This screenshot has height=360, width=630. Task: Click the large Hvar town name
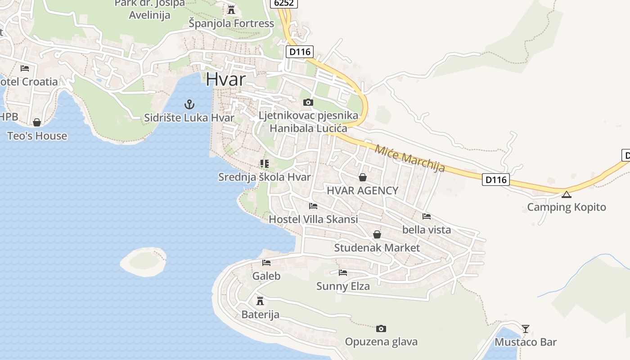pyautogui.click(x=226, y=79)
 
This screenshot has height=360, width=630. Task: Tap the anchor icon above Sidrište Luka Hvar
pyautogui.click(x=189, y=105)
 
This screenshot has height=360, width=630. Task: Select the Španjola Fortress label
pyautogui.click(x=231, y=23)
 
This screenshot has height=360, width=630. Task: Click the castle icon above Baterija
pyautogui.click(x=260, y=301)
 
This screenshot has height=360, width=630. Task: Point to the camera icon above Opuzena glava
pyautogui.click(x=381, y=328)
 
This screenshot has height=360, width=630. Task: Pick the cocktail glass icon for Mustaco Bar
pyautogui.click(x=526, y=328)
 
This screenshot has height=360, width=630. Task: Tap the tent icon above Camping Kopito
pyautogui.click(x=566, y=194)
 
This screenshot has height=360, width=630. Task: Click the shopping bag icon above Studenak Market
pyautogui.click(x=377, y=234)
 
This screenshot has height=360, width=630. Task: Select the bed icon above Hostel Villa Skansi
pyautogui.click(x=313, y=206)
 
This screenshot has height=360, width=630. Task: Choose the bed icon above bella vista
pyautogui.click(x=427, y=216)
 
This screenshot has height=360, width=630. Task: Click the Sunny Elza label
pyautogui.click(x=343, y=286)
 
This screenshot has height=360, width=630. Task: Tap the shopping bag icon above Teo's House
pyautogui.click(x=37, y=122)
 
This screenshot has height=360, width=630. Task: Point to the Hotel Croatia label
pyautogui.click(x=30, y=82)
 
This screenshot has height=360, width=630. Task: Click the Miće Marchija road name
pyautogui.click(x=409, y=158)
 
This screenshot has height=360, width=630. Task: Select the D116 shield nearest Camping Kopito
pyautogui.click(x=496, y=180)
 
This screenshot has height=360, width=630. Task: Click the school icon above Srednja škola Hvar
pyautogui.click(x=265, y=164)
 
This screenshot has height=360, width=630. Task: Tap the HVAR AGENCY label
pyautogui.click(x=363, y=190)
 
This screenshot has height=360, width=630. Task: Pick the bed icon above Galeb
pyautogui.click(x=266, y=263)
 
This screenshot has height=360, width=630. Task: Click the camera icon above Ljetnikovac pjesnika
pyautogui.click(x=308, y=103)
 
